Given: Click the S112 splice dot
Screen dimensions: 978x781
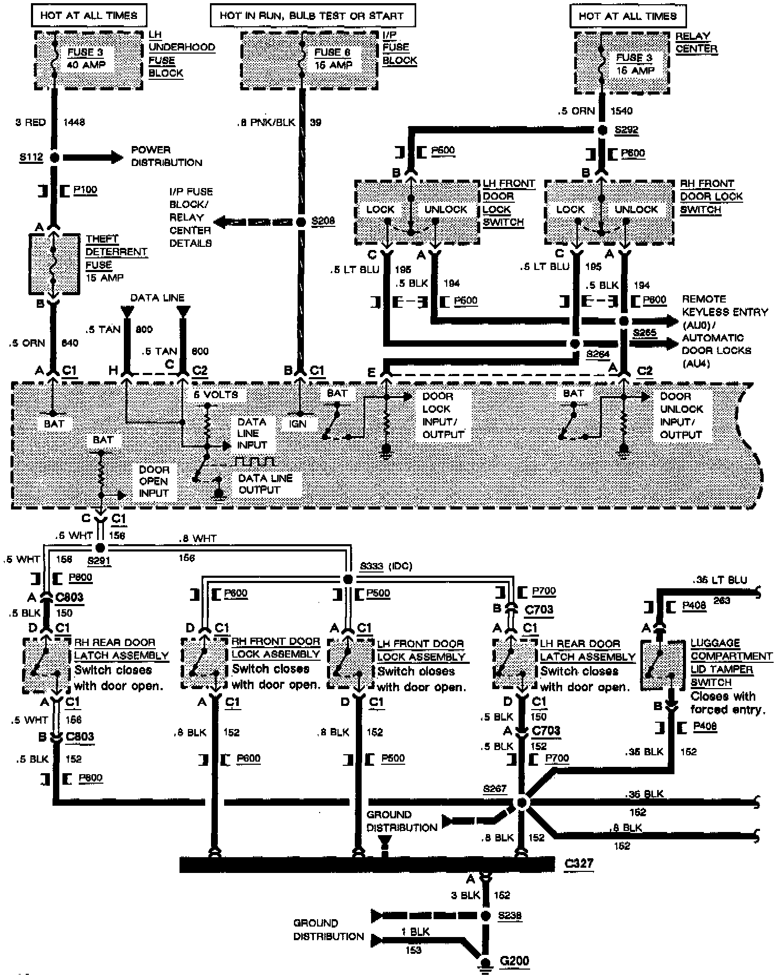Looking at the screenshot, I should (x=54, y=157).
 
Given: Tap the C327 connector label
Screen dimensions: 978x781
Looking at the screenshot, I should (x=579, y=863).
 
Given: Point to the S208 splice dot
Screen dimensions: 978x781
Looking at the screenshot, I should (x=301, y=222).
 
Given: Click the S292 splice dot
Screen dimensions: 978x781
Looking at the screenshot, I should (x=603, y=130).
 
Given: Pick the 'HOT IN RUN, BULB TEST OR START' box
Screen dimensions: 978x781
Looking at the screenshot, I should (x=312, y=16).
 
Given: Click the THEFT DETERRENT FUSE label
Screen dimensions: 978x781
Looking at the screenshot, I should (x=116, y=258).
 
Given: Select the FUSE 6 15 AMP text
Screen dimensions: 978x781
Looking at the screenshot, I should (x=333, y=58).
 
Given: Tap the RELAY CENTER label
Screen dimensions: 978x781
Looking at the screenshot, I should (x=696, y=43).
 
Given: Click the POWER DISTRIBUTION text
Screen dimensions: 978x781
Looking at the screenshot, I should (x=166, y=156).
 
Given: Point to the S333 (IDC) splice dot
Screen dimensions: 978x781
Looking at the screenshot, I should (x=347, y=579).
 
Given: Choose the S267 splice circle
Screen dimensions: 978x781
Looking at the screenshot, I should (x=522, y=803).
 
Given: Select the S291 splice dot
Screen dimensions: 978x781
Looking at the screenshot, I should (x=101, y=547).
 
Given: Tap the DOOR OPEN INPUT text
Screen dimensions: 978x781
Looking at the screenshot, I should (x=154, y=481).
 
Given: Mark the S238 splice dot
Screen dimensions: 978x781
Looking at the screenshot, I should (x=486, y=916).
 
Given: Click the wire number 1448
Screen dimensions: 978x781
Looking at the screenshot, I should (x=73, y=122).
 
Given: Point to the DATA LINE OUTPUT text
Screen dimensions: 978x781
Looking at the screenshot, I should (x=265, y=484).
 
